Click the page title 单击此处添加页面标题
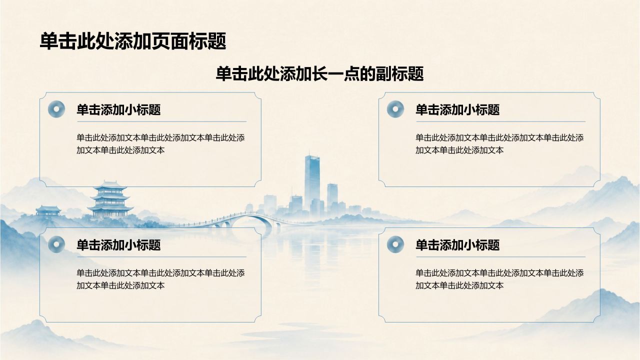click(x=133, y=41)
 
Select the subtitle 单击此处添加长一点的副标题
click(x=319, y=73)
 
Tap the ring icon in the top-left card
click(x=56, y=109)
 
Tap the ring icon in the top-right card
click(x=395, y=109)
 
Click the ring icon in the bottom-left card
click(x=56, y=244)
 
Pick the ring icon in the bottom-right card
click(x=395, y=244)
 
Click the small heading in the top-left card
click(x=118, y=109)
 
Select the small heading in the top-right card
click(x=457, y=109)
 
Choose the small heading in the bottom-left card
click(x=118, y=245)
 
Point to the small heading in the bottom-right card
click(x=457, y=245)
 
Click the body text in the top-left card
click(x=160, y=143)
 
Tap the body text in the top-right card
click(x=499, y=143)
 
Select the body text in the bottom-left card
click(x=160, y=279)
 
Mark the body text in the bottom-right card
click(x=499, y=279)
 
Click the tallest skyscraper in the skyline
click(x=312, y=183)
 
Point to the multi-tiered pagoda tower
click(x=110, y=200)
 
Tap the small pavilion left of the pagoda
click(x=48, y=211)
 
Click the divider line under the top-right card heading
click(x=500, y=121)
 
